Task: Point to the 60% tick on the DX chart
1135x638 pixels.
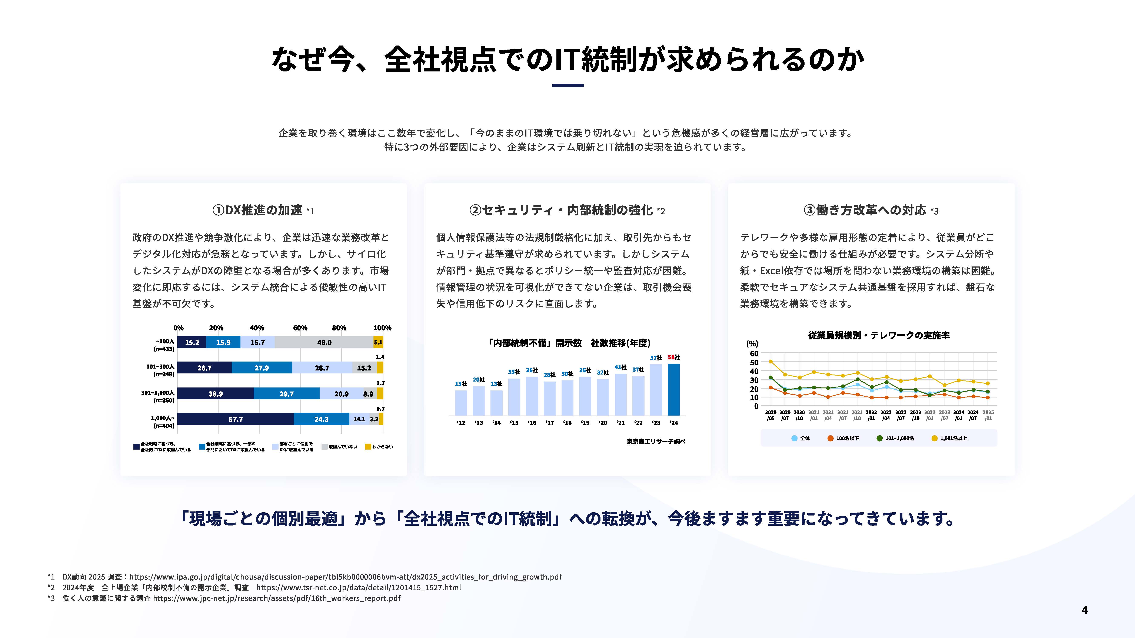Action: pyautogui.click(x=300, y=328)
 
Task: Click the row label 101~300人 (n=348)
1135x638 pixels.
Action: pyautogui.click(x=160, y=370)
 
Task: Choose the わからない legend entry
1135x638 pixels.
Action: pyautogui.click(x=379, y=446)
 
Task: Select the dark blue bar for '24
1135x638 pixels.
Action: pyautogui.click(x=674, y=390)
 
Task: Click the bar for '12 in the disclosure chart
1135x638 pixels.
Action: pyautogui.click(x=461, y=403)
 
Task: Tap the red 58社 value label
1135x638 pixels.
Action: pyautogui.click(x=674, y=357)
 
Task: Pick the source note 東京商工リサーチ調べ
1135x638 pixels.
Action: pyautogui.click(x=656, y=441)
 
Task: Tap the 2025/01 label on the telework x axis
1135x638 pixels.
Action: pyautogui.click(x=988, y=415)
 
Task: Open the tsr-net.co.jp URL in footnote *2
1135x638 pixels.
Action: pyautogui.click(x=359, y=587)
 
